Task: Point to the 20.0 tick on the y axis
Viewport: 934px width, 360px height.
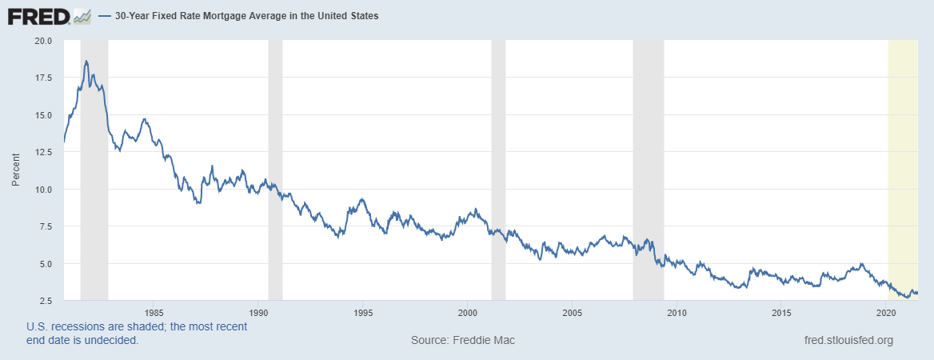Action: [42, 41]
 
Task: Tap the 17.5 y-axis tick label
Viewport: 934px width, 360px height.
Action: [42, 78]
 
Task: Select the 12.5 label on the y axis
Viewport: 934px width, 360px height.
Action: [42, 152]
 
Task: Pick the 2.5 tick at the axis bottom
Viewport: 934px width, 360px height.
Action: [46, 301]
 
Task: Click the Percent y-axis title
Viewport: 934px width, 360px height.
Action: [15, 170]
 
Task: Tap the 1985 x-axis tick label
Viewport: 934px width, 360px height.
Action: [154, 311]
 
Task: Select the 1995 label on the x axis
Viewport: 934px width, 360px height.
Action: [363, 311]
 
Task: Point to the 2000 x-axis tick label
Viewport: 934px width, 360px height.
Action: [468, 311]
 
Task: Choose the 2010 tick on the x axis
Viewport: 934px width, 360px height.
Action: [677, 311]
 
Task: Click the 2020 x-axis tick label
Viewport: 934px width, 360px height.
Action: [886, 311]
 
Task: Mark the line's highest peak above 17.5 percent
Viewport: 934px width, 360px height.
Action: [86, 61]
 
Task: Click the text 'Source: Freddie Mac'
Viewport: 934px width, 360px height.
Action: [463, 340]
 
